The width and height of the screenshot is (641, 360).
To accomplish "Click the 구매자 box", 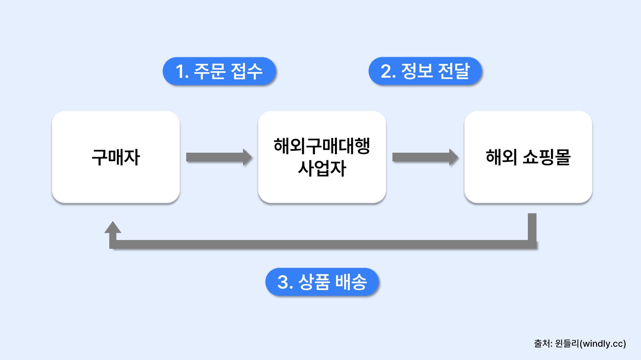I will (x=116, y=157).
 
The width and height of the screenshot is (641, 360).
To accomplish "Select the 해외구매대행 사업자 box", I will (x=322, y=157).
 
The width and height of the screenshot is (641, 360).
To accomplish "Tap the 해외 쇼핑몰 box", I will (x=528, y=157).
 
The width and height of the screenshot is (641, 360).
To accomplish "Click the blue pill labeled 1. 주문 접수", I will (x=219, y=71).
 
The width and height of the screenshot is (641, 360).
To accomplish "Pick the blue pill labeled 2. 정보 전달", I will (x=425, y=71).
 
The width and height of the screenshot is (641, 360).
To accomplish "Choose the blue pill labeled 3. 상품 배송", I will (x=322, y=282).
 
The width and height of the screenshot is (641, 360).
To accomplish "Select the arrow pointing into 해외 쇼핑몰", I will (x=425, y=157).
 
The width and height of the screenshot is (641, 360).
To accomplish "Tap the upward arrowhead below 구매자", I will (x=112, y=228).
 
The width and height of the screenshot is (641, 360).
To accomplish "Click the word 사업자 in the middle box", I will (x=322, y=169).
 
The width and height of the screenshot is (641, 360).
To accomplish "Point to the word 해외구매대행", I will (x=322, y=146).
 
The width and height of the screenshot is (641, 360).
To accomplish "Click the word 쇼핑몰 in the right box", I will (x=546, y=157).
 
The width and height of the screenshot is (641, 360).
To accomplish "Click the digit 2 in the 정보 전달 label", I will (x=386, y=71).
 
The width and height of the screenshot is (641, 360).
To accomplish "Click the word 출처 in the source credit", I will (x=542, y=344).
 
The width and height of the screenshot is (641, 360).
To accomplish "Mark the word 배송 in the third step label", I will (x=351, y=282).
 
